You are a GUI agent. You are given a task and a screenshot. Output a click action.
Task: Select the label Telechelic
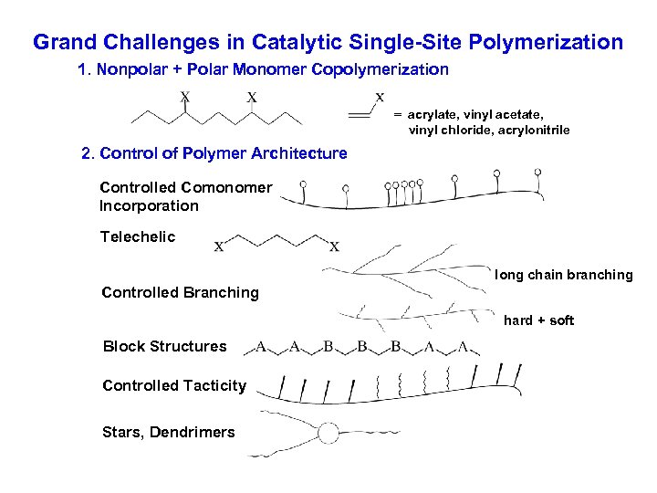(x=137, y=236)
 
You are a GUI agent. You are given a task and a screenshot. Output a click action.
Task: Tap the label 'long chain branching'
(x=563, y=275)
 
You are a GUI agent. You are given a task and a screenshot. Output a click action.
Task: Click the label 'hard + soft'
(x=538, y=320)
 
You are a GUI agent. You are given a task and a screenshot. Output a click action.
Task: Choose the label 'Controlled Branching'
(x=180, y=293)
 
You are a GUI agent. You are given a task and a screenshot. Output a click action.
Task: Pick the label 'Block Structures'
(x=164, y=346)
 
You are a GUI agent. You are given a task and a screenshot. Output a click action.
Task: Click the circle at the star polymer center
(x=327, y=433)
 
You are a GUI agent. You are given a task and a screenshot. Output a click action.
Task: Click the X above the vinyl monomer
(x=380, y=96)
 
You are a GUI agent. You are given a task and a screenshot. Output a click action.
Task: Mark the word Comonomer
(x=226, y=187)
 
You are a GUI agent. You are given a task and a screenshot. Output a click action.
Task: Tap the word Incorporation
(x=150, y=205)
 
